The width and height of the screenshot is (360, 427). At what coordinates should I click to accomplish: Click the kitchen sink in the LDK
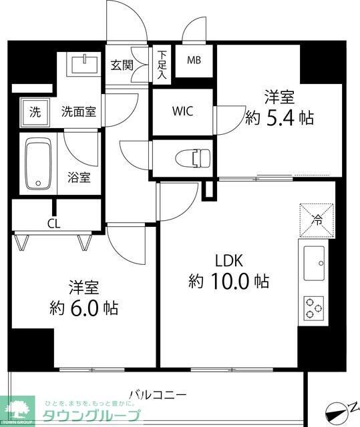(x=313, y=263)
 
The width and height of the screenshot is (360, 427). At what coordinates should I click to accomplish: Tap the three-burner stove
(x=313, y=308)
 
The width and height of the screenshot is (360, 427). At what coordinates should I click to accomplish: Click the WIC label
(x=182, y=111)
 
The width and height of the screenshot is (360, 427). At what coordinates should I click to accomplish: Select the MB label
(x=194, y=61)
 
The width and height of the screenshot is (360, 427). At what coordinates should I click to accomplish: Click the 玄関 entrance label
(x=122, y=65)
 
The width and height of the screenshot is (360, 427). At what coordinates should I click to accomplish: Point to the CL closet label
(x=53, y=224)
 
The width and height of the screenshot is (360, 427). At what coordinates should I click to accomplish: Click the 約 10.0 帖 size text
(x=227, y=282)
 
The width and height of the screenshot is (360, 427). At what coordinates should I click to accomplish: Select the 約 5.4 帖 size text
(x=279, y=118)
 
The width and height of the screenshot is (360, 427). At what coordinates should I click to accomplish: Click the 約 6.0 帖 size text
(x=84, y=308)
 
